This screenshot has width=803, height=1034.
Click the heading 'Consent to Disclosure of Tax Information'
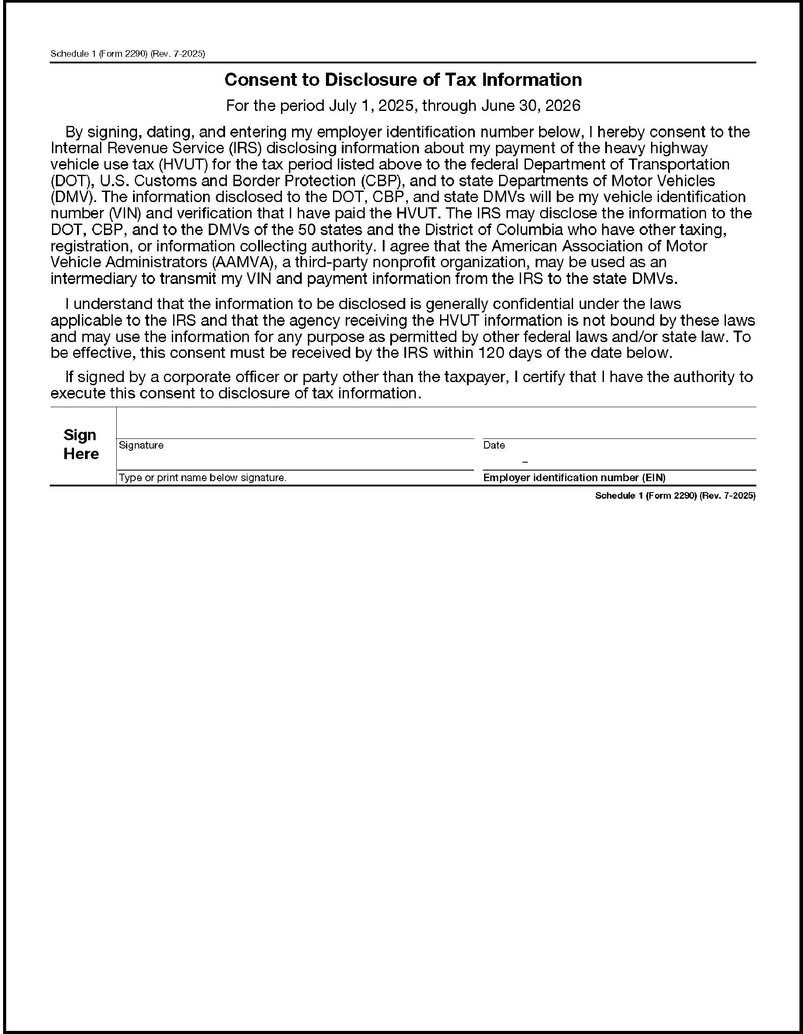pyautogui.click(x=403, y=80)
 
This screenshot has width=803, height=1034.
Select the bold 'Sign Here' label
pyautogui.click(x=81, y=444)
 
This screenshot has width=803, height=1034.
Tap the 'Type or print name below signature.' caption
pyautogui.click(x=203, y=478)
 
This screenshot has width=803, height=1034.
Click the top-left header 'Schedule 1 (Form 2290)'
pyautogui.click(x=99, y=54)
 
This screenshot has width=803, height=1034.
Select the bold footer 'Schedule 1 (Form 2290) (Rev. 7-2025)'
pyautogui.click(x=675, y=496)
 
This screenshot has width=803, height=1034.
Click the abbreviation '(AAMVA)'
pyautogui.click(x=243, y=263)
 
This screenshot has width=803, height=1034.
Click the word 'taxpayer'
pyautogui.click(x=473, y=377)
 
